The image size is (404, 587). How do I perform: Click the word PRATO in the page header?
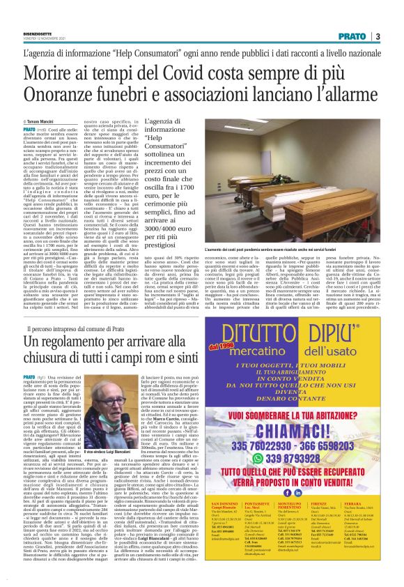tap(355, 36)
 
